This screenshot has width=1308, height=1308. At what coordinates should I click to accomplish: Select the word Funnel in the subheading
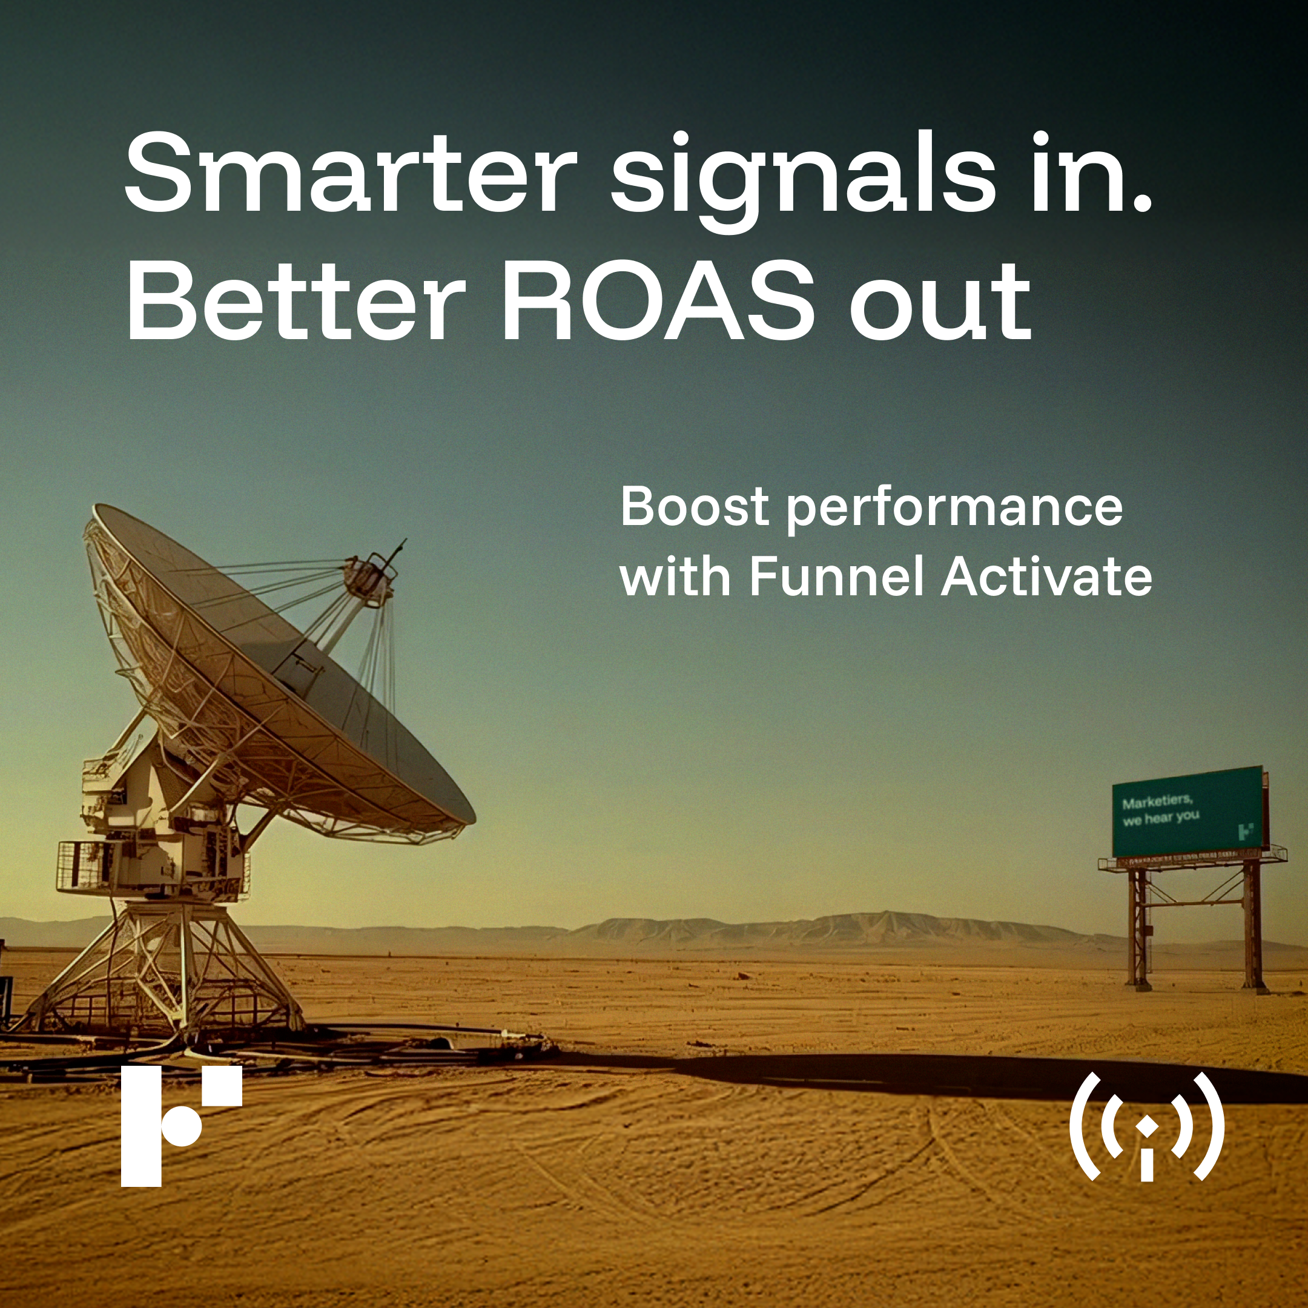836,577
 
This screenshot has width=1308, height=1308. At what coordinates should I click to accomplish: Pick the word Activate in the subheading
1046,577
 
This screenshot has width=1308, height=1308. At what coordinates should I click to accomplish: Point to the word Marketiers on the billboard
1157,802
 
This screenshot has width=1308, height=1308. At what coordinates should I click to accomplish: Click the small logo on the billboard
1245,831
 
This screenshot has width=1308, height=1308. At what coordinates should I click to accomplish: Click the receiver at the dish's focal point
369,575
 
